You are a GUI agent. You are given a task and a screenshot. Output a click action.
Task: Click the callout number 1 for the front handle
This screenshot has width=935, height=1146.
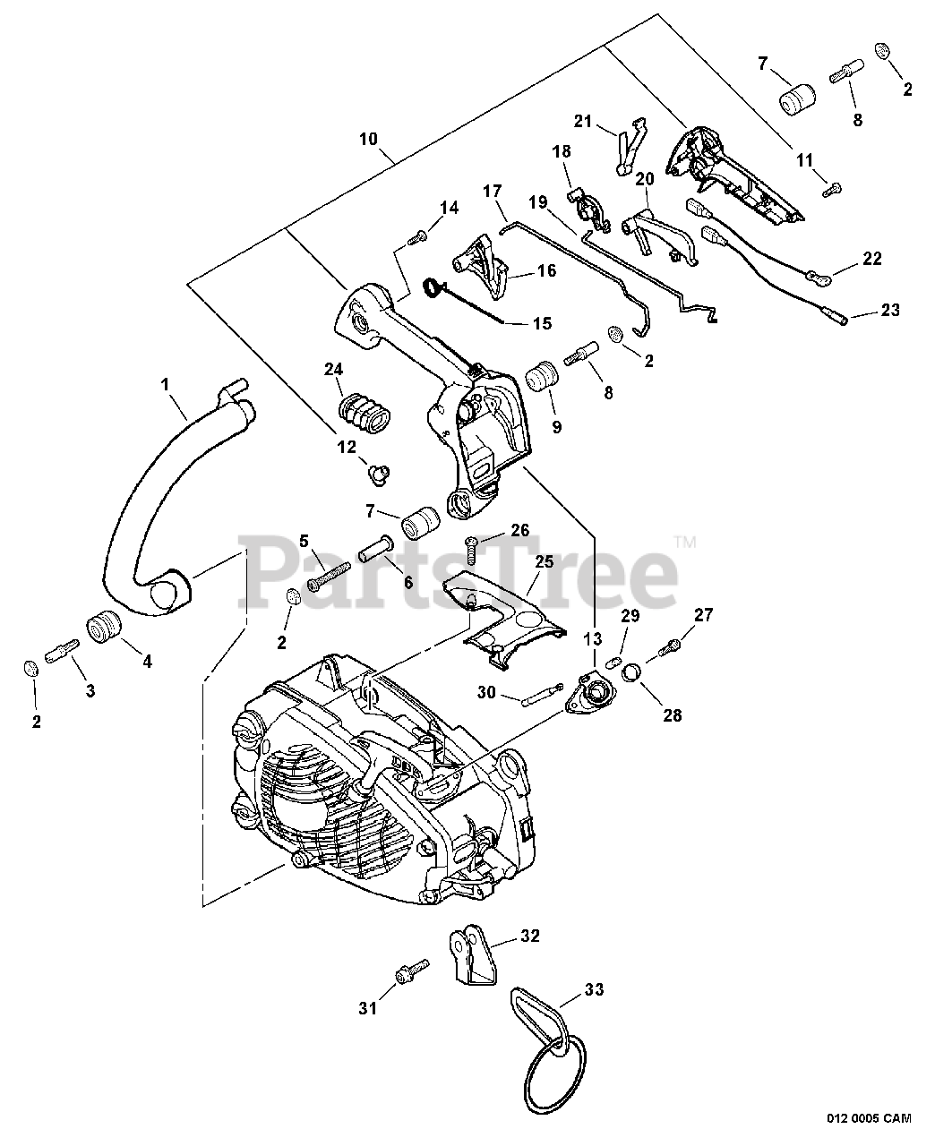tap(164, 383)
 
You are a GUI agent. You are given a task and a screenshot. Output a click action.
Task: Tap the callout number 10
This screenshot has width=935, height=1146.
tap(369, 140)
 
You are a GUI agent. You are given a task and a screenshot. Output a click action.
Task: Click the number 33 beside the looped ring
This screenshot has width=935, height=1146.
tap(594, 989)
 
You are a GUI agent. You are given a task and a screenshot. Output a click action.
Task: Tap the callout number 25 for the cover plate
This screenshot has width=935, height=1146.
tap(544, 561)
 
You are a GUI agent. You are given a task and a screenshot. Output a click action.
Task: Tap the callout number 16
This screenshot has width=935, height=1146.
tap(545, 270)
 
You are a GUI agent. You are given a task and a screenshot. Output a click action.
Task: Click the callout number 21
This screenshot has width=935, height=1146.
tap(583, 122)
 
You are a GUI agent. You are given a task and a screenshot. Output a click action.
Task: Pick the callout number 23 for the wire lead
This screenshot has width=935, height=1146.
tap(889, 311)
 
